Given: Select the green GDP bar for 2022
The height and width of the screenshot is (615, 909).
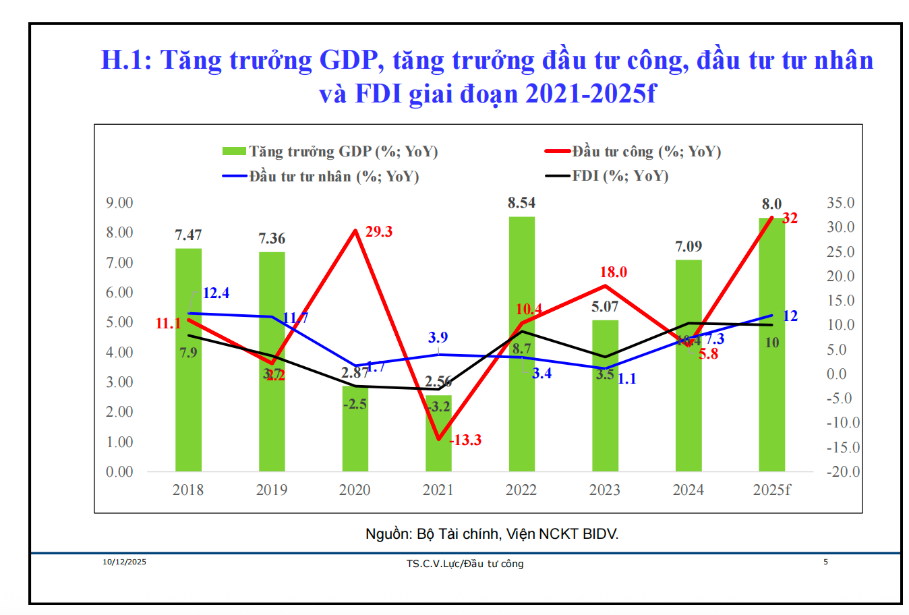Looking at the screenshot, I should tap(521, 405).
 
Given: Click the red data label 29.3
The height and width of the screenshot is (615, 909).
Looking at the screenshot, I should tap(379, 232).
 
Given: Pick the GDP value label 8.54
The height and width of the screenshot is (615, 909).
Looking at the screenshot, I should tap(521, 203).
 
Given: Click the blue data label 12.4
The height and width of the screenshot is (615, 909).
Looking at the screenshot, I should tap(216, 293).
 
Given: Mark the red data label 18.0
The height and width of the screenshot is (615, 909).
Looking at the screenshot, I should tap(614, 272).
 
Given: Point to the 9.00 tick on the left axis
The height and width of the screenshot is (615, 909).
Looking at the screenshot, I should tap(119, 203).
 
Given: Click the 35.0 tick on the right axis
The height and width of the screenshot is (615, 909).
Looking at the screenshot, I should tap(840, 203).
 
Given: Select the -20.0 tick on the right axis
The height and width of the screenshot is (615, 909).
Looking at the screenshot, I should tap(843, 472).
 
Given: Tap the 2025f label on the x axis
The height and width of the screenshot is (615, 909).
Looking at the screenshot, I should tap(771, 490).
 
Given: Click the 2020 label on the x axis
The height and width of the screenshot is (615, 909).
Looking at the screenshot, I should tap(355, 490).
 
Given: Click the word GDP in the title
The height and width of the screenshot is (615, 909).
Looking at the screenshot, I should tap(347, 61).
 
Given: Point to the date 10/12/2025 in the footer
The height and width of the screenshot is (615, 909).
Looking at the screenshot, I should tap(124, 562).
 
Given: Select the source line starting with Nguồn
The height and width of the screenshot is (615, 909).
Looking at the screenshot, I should tap(492, 534).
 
